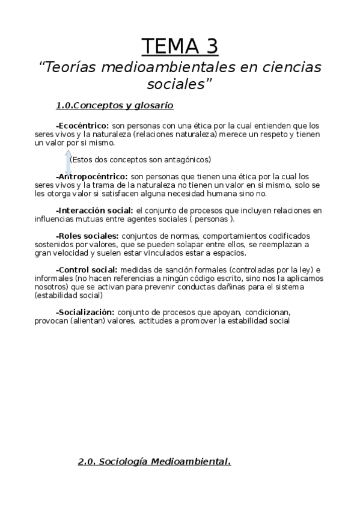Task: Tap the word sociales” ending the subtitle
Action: pos(180,84)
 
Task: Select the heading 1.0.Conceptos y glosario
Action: pos(114,106)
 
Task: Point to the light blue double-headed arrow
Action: pos(67,162)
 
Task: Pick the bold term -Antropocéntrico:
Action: pos(91,177)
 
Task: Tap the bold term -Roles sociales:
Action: pos(87,236)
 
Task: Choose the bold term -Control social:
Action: pos(87,269)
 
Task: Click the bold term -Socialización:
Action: pos(85,312)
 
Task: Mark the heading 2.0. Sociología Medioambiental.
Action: pos(154,462)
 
